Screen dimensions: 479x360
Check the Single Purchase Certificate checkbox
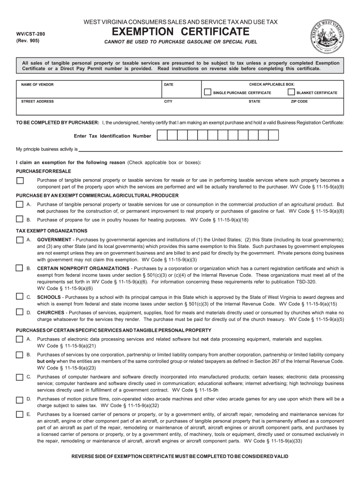[x=208, y=92]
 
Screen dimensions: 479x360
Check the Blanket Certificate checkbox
[x=291, y=92]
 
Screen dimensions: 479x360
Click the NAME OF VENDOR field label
[x=37, y=84]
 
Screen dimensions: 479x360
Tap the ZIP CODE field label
[x=299, y=101]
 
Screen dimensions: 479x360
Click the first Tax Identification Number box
[x=161, y=136]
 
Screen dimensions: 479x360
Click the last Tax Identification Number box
[x=274, y=136]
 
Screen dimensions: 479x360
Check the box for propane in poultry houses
[x=20, y=219]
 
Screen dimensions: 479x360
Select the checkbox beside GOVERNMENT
[x=20, y=240]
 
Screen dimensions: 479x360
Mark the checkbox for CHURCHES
[x=20, y=312]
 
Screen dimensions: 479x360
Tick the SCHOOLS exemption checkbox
[x=20, y=297]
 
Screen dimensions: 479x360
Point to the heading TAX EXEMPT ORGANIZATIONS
[x=51, y=231]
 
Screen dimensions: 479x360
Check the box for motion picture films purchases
[x=20, y=400]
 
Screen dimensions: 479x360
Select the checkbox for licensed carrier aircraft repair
[x=20, y=414]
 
